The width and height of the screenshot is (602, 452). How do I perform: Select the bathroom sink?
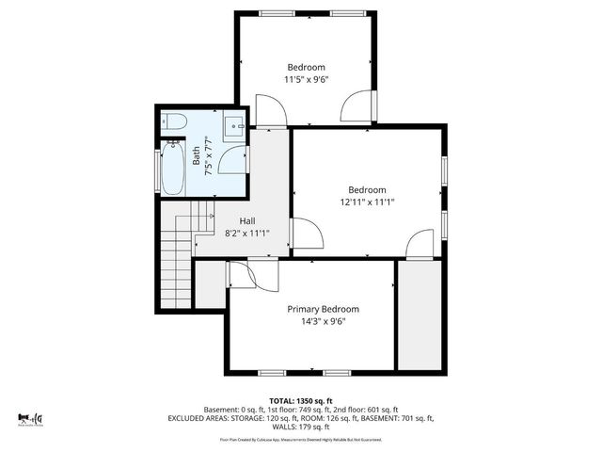coord(235,123)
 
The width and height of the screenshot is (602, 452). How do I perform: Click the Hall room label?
coord(247,221)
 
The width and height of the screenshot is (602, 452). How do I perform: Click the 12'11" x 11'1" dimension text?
coord(367,202)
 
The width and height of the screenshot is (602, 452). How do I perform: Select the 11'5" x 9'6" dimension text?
coord(306,79)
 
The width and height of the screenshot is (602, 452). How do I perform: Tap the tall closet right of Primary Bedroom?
coord(419,315)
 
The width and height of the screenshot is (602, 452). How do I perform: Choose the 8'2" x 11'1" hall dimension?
coord(247,234)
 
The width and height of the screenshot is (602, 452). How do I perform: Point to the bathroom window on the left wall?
coord(158,166)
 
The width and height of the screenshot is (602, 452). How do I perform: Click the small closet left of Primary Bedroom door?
coord(210,283)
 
